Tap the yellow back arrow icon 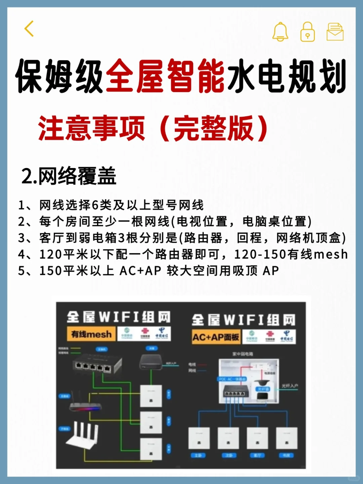pyautogui.click(x=29, y=29)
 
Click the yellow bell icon pyautogui.click(x=280, y=32)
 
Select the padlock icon pyautogui.click(x=307, y=32)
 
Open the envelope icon pyautogui.click(x=335, y=32)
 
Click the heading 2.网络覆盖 pyautogui.click(x=69, y=176)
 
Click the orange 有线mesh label pyautogui.click(x=91, y=334)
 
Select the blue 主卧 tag pyautogui.click(x=198, y=455)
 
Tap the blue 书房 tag pyautogui.click(x=287, y=455)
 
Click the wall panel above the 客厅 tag pyautogui.click(x=257, y=438)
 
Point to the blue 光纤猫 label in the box pyautogui.click(x=263, y=389)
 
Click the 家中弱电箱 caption pyautogui.click(x=243, y=354)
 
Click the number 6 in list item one pyautogui.click(x=95, y=205)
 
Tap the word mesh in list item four pyautogui.click(x=331, y=254)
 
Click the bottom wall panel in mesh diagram pyautogui.click(x=151, y=449)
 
